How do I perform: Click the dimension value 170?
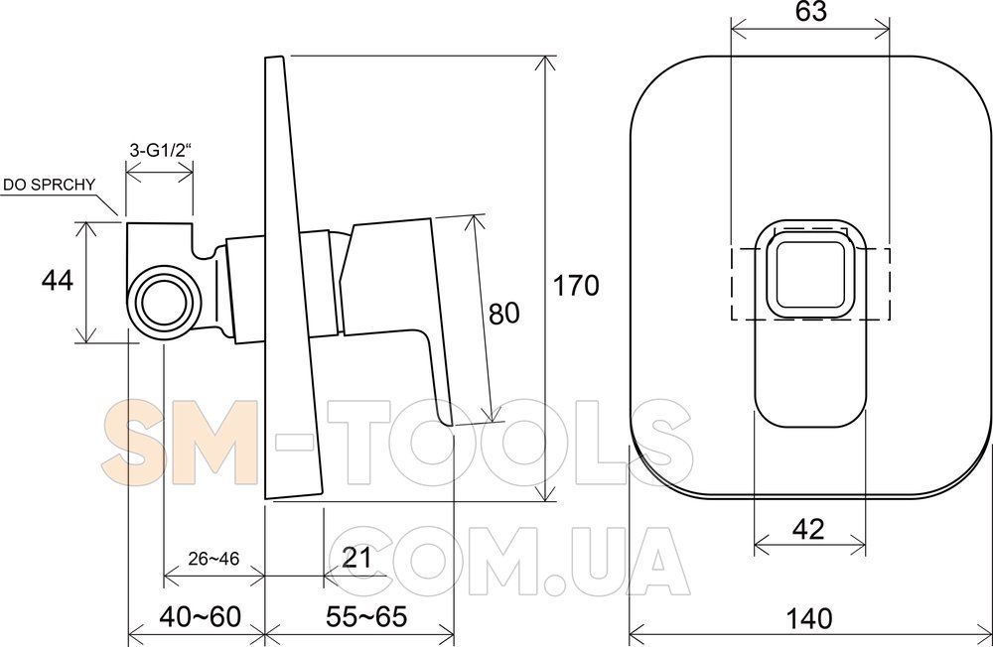576,286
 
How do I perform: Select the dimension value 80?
504,313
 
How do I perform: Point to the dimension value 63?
810,12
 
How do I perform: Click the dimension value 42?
808,529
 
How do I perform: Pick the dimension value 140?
809,618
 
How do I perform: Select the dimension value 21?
356,558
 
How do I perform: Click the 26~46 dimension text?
213,559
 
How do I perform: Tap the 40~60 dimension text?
201,616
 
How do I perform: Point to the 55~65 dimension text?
366,616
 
